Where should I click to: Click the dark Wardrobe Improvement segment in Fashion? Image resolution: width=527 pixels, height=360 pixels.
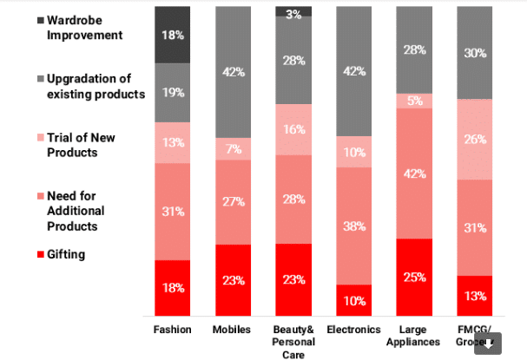pos(172,34)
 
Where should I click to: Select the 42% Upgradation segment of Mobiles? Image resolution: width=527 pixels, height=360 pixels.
pos(233,72)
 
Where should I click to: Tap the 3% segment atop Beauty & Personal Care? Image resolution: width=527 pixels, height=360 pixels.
pos(293,11)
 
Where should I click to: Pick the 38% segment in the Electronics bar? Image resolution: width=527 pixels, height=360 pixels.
pos(353,226)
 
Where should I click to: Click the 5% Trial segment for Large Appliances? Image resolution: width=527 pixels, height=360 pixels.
pos(413,101)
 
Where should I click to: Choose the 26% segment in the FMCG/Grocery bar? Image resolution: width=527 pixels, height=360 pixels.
pos(474,139)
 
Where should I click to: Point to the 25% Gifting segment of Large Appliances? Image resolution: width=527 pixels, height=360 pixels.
pos(413,277)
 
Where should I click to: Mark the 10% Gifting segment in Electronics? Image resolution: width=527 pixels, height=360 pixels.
pos(353,300)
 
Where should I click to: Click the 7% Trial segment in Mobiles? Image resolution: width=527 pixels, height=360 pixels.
pos(233,149)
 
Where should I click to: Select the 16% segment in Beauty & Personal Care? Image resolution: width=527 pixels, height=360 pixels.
pos(293,129)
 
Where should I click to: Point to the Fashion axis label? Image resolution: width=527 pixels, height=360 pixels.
pos(172,330)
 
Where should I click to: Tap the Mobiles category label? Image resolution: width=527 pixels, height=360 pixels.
pos(233,330)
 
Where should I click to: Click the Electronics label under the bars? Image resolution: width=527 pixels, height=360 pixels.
pos(353,330)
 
